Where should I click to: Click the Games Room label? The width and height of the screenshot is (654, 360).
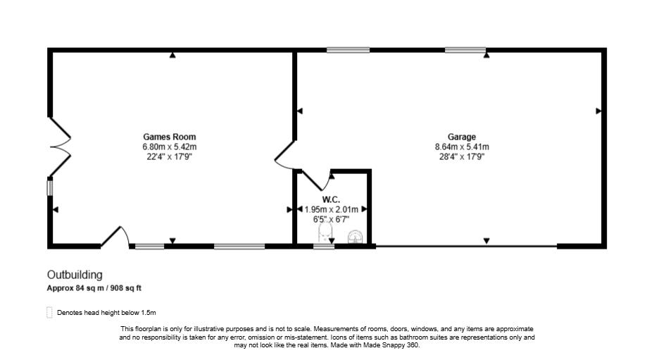click(x=170, y=137)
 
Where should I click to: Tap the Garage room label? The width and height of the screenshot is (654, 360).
click(x=462, y=137)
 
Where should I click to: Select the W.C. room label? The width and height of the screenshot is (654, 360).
click(x=331, y=200)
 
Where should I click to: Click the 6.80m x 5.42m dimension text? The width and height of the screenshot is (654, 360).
click(x=170, y=147)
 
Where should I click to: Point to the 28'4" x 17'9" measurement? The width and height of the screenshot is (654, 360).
click(x=462, y=156)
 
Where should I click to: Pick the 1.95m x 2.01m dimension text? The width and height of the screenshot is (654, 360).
click(x=331, y=209)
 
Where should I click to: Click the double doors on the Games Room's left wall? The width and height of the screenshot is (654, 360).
click(x=59, y=147)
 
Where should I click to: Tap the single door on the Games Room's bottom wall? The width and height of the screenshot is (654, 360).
click(x=115, y=237)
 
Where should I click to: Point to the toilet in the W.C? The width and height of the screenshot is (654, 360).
click(x=325, y=234)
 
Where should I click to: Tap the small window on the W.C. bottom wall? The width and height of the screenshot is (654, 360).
click(x=324, y=246)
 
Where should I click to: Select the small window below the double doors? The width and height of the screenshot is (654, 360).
click(x=50, y=188)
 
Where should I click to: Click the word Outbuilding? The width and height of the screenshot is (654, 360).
click(x=75, y=275)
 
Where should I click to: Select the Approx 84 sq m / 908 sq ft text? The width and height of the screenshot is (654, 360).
click(x=94, y=288)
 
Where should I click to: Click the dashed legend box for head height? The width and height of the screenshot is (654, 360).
click(x=49, y=312)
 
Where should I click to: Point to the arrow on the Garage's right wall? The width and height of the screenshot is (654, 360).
click(x=598, y=111)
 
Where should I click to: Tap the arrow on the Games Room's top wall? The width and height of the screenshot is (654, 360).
click(x=172, y=55)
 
